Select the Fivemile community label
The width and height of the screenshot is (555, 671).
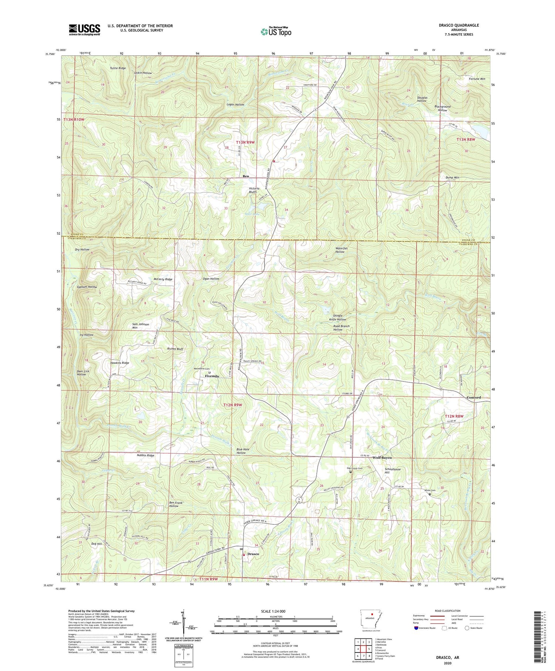pyautogui.click(x=212, y=376)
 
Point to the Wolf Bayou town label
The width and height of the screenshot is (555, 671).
pyautogui.click(x=382, y=457)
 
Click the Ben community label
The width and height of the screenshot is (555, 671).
pyautogui.click(x=246, y=176)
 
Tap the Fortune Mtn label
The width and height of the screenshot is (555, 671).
pyautogui.click(x=477, y=79)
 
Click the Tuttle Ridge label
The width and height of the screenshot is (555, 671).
pyautogui.click(x=118, y=68)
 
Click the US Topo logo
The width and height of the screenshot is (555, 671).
pyautogui.click(x=276, y=31)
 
